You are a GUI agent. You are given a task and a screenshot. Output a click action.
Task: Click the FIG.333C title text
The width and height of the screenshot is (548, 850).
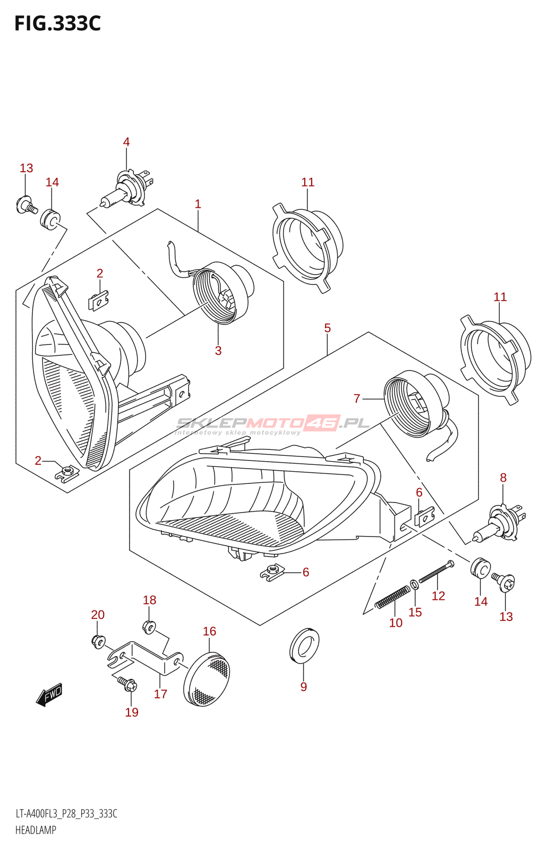pyautogui.click(x=57, y=24)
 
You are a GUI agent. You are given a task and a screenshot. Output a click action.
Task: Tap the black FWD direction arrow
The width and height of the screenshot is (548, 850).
pyautogui.click(x=49, y=694)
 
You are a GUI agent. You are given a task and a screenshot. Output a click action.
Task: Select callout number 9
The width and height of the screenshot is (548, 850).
pyautogui.click(x=304, y=687)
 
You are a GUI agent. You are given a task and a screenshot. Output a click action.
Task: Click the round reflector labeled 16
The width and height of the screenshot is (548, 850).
pyautogui.click(x=208, y=679)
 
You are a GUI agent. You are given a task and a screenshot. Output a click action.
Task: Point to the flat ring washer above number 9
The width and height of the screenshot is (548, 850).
pyautogui.click(x=304, y=645)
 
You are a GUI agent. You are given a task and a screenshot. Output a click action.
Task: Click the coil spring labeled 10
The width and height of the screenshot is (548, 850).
pyautogui.click(x=392, y=598)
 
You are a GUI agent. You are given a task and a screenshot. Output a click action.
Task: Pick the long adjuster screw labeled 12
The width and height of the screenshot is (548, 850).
pyautogui.click(x=436, y=572)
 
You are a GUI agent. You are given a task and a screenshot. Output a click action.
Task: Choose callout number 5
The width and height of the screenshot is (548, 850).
pyautogui.click(x=328, y=328)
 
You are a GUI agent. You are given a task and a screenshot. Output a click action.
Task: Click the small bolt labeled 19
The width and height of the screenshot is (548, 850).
pyautogui.click(x=128, y=684)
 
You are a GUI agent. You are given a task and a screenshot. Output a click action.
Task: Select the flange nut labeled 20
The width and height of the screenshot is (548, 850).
pyautogui.click(x=98, y=641)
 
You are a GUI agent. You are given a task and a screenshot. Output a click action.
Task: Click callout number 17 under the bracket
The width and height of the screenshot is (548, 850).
pyautogui.click(x=160, y=694)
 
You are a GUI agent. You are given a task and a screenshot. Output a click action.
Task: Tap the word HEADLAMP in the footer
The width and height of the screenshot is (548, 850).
pyautogui.click(x=36, y=830)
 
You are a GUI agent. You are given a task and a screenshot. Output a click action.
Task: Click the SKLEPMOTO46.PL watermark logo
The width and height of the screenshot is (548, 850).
pyautogui.click(x=272, y=424)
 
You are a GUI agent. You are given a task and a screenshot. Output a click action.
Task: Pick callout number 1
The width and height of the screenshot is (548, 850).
pyautogui.click(x=198, y=204)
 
